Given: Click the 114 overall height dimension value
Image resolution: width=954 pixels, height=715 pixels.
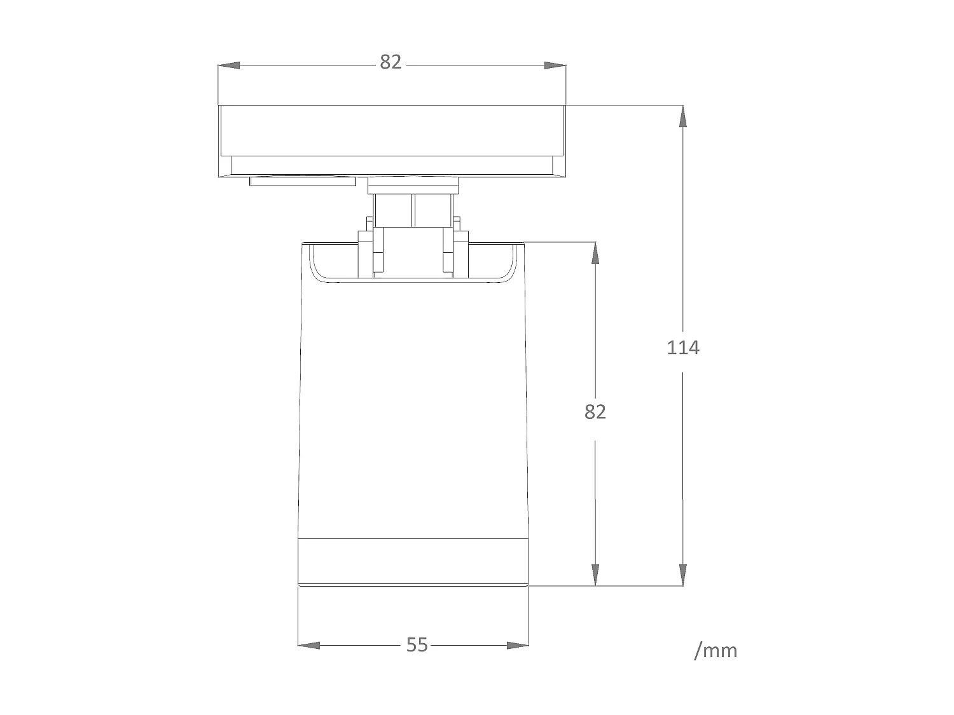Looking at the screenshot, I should tap(683, 348).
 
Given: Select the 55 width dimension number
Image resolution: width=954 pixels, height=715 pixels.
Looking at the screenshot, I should tap(417, 645).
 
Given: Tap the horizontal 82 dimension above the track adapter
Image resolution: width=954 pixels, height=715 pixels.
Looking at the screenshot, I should tap(391, 62).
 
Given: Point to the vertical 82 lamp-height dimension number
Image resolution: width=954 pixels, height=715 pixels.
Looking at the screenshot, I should tap(595, 412).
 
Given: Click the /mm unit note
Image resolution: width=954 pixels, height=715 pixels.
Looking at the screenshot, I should tap(715, 651).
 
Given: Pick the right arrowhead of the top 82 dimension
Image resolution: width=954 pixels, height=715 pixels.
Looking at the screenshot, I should tap(555, 65).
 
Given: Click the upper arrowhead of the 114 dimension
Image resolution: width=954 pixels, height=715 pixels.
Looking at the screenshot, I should tap(683, 116).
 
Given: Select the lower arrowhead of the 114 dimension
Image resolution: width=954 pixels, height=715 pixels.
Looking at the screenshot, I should tap(683, 575).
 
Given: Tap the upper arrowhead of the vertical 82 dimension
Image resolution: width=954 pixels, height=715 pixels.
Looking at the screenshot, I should tap(595, 252).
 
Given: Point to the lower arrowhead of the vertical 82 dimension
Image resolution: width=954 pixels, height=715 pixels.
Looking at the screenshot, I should tap(595, 575).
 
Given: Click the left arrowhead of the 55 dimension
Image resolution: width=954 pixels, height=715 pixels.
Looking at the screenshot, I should tap(309, 645).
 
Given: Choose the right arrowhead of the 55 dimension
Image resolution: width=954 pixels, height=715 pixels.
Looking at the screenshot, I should tap(518, 645).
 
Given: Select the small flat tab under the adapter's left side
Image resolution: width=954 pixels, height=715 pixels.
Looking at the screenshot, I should tap(303, 181).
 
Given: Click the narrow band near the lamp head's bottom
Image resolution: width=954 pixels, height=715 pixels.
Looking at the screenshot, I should tap(413, 561).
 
